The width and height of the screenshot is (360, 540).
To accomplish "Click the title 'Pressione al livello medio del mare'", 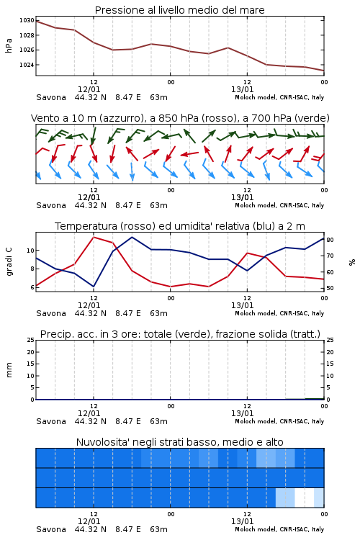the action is click(179, 10).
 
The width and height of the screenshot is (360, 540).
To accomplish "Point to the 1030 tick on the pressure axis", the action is click(27, 20).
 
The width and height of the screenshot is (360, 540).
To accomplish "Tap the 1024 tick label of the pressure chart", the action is click(27, 65).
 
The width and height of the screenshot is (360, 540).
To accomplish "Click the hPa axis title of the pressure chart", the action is click(9, 45).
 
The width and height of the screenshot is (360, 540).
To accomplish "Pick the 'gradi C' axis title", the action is click(9, 262).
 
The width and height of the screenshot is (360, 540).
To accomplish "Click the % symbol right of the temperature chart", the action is click(352, 262).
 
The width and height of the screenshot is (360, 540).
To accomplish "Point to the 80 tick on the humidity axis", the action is click(330, 240).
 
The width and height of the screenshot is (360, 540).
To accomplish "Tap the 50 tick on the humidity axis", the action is click(330, 288).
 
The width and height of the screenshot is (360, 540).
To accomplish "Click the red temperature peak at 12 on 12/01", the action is click(94, 237).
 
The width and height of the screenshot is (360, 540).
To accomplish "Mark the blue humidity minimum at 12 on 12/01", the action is click(94, 287).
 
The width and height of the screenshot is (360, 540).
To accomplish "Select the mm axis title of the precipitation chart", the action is click(9, 370).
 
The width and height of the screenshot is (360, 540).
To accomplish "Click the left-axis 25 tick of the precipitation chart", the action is click(31, 340).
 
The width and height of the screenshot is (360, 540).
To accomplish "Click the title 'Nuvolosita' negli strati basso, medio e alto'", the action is click(179, 442).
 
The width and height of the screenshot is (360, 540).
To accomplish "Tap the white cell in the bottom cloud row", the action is click(305, 498).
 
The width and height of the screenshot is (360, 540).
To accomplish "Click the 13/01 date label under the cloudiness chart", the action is click(242, 521).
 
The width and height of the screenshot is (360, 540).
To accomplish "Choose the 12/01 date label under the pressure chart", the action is click(89, 89).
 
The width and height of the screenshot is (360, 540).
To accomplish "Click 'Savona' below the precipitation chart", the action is click(51, 421).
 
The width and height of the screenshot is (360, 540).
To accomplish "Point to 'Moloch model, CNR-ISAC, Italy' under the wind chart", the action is click(279, 205).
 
